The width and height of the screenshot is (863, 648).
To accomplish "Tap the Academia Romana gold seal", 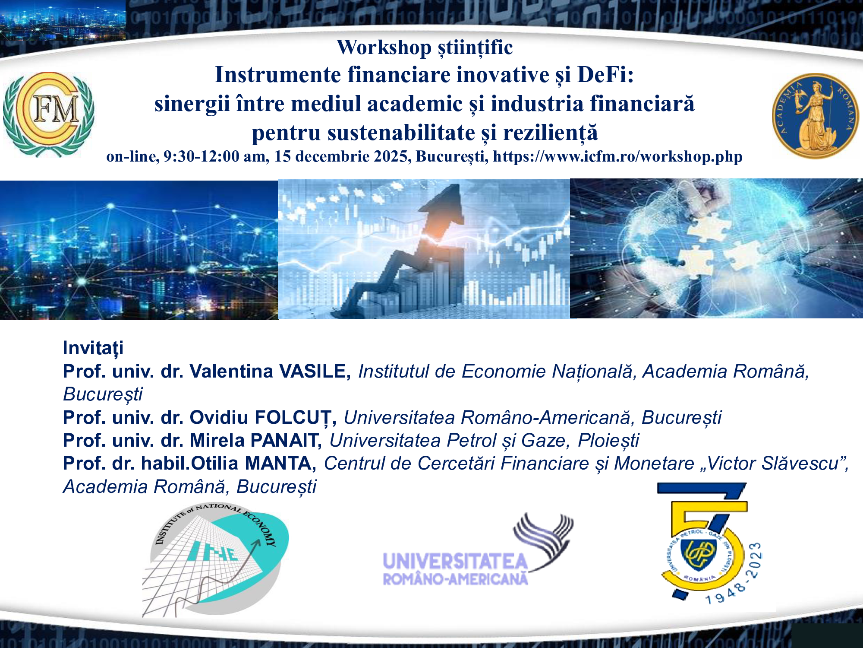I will coord(815,116).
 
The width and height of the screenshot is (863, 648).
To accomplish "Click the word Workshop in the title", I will coord(384,47).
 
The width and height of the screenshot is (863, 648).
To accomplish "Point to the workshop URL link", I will coord(617,156).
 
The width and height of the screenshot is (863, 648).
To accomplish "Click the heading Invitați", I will coord(93,348).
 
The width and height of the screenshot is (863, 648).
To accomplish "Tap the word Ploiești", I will coord(608,440).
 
